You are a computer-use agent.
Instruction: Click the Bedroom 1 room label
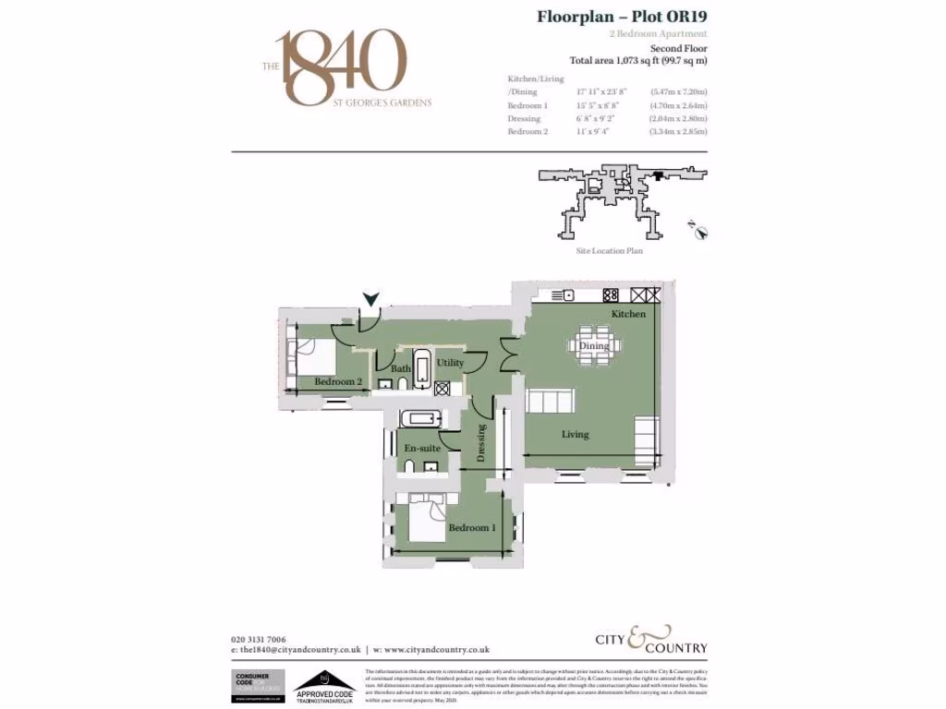click(471, 528)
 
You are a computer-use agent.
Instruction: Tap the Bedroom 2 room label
click(337, 381)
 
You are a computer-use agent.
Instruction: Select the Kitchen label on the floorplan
click(628, 315)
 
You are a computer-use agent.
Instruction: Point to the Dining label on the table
click(594, 346)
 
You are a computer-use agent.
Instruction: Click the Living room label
click(575, 434)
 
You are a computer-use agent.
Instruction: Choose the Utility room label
click(451, 363)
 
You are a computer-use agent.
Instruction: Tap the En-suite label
click(422, 448)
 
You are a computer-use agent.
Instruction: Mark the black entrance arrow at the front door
click(371, 298)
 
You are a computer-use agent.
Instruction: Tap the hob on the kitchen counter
click(611, 295)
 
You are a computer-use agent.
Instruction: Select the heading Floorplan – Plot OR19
click(622, 16)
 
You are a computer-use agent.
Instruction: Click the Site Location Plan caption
click(602, 250)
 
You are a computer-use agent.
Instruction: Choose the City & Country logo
click(649, 639)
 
